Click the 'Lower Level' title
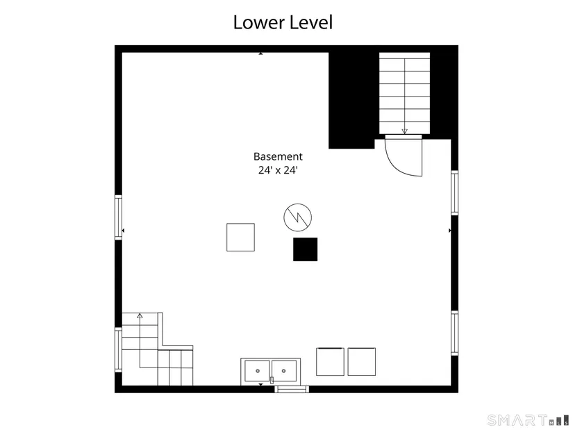[283, 22]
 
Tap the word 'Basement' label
[278, 156]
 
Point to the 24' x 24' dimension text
[278, 170]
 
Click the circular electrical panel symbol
[298, 217]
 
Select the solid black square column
[305, 249]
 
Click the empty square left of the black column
[240, 238]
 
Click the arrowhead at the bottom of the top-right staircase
[404, 131]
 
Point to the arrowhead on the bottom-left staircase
[140, 315]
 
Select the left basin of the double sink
[257, 371]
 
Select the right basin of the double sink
[284, 371]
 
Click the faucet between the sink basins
[272, 380]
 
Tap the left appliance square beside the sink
[330, 362]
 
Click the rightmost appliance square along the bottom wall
[361, 362]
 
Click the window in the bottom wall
[292, 389]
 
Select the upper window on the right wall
[455, 192]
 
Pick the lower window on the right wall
[455, 333]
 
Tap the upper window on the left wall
[118, 217]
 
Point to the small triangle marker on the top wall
[260, 53]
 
